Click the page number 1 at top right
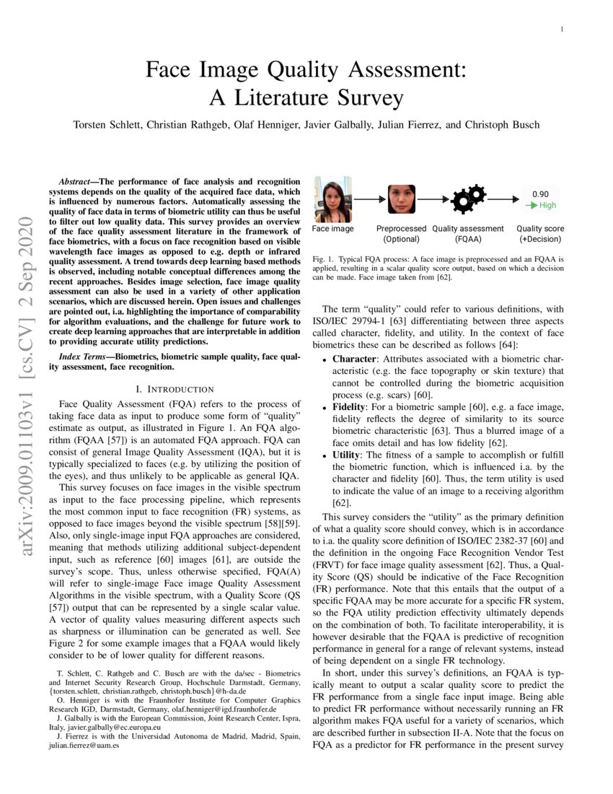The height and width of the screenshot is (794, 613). tap(562, 29)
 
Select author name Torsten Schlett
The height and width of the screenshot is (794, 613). tap(108, 125)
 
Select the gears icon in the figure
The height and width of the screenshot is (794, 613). tap(468, 198)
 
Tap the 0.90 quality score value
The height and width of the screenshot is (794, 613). tap(540, 193)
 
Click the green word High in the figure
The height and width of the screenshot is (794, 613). tap(547, 205)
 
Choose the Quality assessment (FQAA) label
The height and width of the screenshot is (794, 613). tap(468, 233)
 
